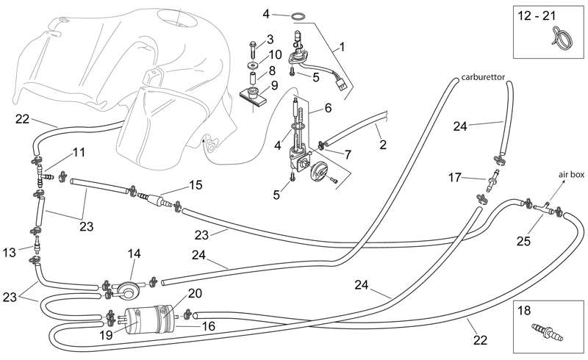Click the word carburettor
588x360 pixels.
[483, 77]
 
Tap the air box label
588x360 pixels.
[571, 175]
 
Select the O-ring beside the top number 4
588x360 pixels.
[298, 16]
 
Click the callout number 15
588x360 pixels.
[196, 185]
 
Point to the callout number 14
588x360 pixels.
[134, 254]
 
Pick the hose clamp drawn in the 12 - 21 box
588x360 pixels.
[561, 38]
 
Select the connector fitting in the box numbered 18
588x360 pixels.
[547, 332]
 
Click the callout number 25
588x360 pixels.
[523, 241]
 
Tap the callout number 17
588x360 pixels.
[454, 177]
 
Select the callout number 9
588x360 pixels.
[274, 85]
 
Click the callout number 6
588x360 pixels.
[328, 108]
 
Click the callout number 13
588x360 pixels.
[10, 253]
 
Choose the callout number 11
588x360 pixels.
[79, 153]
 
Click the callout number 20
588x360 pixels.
[195, 293]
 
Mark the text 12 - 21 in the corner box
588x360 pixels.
[537, 16]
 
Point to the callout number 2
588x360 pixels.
[382, 145]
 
